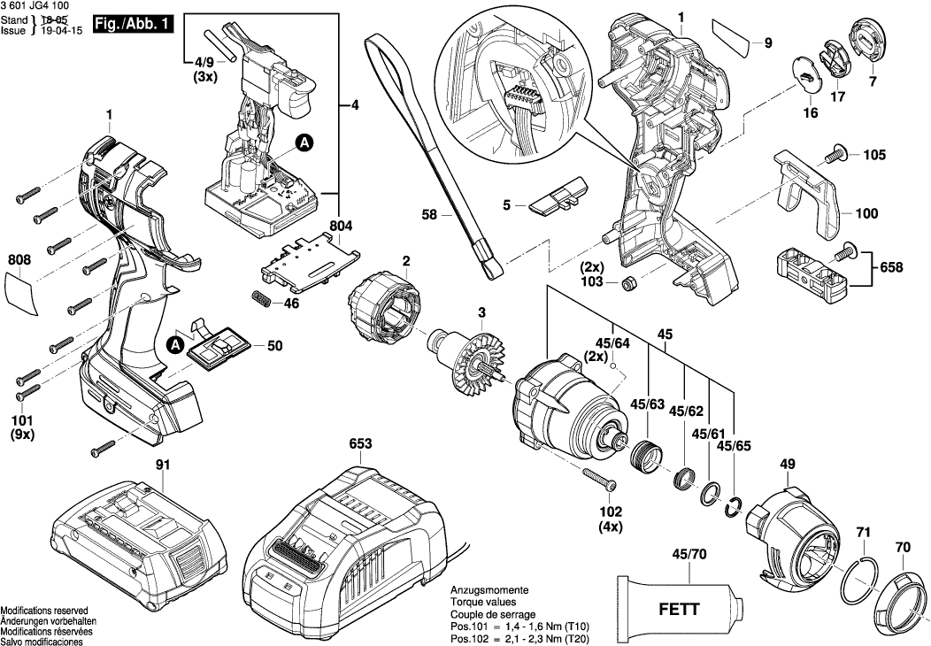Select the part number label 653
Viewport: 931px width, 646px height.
click(x=360, y=443)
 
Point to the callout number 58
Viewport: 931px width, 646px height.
click(x=430, y=213)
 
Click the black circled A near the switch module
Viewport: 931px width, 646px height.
click(x=303, y=142)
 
